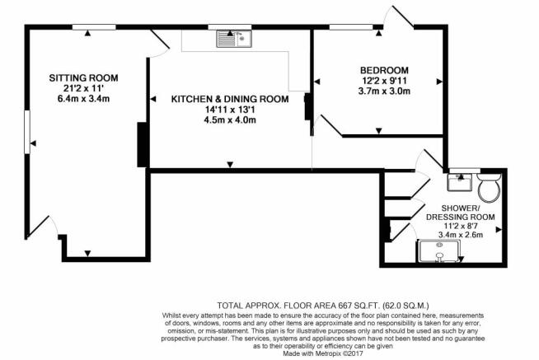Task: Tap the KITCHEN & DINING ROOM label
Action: click(230, 99)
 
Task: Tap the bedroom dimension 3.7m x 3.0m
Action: click(384, 91)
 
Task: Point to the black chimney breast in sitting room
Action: click(141, 143)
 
